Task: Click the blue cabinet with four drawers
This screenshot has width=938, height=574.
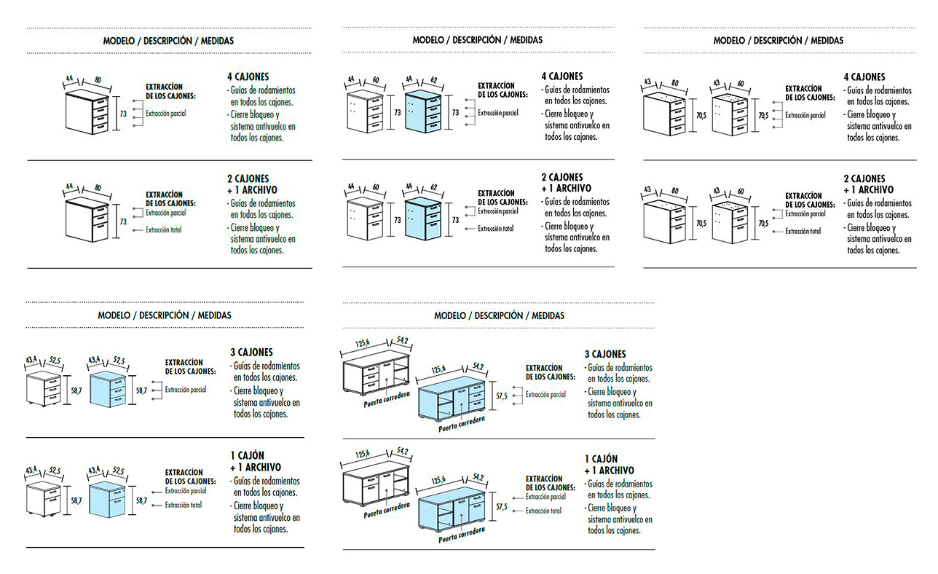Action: click(423, 113)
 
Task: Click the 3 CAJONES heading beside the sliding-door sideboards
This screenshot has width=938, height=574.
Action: click(604, 354)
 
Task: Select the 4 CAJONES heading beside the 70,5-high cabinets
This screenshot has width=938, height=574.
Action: click(864, 76)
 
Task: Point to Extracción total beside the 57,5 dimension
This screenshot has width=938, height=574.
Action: click(543, 511)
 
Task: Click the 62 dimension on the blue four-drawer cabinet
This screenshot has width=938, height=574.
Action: click(435, 81)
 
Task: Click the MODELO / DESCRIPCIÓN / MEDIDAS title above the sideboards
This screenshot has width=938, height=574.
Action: click(499, 315)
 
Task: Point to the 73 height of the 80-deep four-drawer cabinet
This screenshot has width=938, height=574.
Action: click(123, 114)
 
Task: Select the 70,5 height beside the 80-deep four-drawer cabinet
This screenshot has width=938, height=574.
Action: click(701, 114)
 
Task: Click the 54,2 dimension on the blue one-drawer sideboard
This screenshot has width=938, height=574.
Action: click(478, 478)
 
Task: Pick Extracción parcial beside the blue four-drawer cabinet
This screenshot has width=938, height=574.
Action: click(497, 113)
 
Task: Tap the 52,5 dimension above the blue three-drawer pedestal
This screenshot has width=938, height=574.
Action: click(119, 361)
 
